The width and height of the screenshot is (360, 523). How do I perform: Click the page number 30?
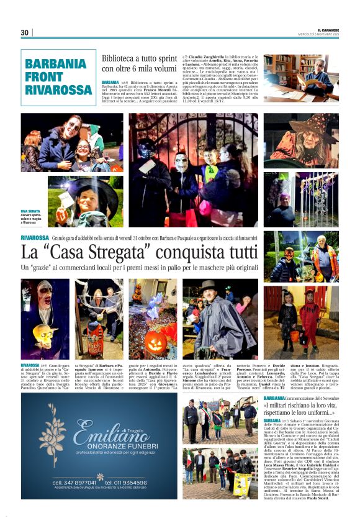click(x=25, y=32)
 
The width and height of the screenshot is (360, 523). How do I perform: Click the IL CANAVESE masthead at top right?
click(x=328, y=29)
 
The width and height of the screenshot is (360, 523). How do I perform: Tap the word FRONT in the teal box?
click(x=46, y=76)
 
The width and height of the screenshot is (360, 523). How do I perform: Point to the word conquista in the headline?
click(x=192, y=253)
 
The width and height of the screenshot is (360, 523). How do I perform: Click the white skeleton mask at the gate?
click(x=181, y=163)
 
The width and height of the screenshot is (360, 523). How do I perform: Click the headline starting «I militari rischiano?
click(x=299, y=408)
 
